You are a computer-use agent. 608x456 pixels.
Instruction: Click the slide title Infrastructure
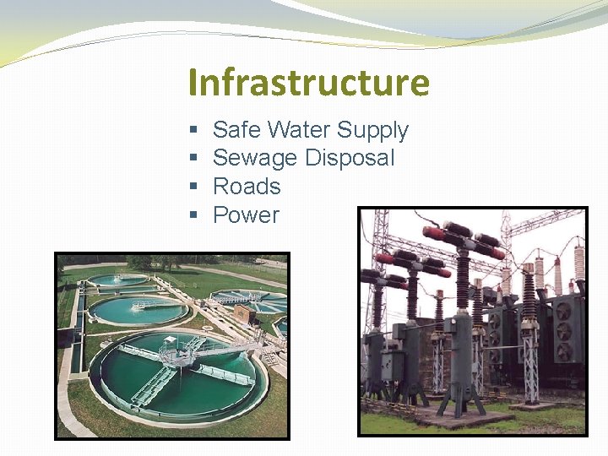click(309, 83)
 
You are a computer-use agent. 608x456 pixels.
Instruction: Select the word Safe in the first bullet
click(236, 130)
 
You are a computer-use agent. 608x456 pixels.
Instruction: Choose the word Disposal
click(350, 158)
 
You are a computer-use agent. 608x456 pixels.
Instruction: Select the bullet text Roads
click(247, 187)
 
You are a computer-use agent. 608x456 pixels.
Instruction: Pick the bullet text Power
click(246, 215)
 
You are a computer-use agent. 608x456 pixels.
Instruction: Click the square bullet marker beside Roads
click(193, 187)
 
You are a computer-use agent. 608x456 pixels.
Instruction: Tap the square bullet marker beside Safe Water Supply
click(193, 130)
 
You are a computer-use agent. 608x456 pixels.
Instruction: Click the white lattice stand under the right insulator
click(530, 372)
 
